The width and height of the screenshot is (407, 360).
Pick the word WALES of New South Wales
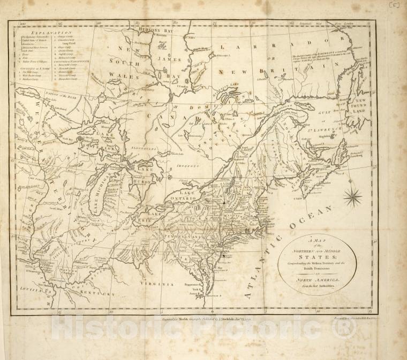pyautogui.click(x=124, y=76)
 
